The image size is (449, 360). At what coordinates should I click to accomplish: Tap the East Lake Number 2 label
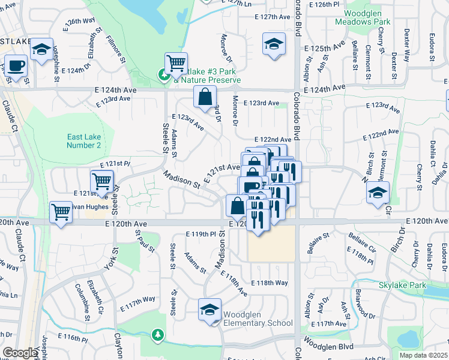[83, 141]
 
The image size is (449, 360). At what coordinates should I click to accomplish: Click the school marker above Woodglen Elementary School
[210, 310]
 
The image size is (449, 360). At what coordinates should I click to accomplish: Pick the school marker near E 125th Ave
[274, 44]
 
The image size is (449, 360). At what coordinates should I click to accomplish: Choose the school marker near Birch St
[378, 193]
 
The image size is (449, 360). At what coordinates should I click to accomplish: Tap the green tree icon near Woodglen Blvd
[158, 334]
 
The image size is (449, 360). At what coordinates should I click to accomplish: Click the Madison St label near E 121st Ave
[182, 179]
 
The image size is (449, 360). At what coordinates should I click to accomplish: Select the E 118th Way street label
[270, 283]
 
